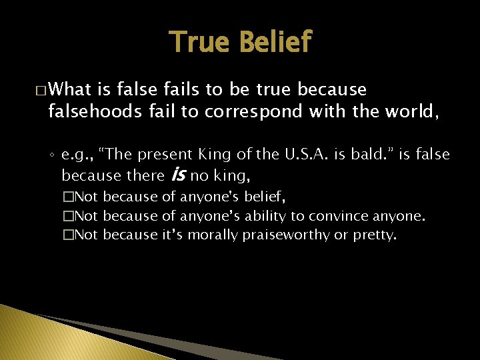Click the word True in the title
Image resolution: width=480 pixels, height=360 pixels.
tap(198, 42)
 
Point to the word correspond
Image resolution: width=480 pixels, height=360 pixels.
tap(253, 111)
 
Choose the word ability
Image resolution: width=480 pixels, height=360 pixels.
tap(267, 216)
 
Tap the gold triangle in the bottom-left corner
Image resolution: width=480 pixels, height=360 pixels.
tap(20, 333)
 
